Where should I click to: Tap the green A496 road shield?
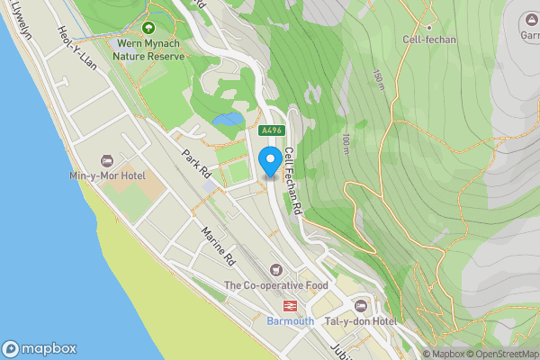coord(272,130)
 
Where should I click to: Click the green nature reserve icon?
coord(148,27)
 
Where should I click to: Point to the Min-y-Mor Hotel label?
coord(107,175)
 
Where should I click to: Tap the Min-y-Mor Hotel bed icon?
coord(107,160)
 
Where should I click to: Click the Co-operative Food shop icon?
coord(275,269)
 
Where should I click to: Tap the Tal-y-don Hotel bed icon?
coord(361,305)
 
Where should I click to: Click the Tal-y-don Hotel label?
coord(361,321)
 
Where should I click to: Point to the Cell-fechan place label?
coord(431,40)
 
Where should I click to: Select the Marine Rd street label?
coord(218,245)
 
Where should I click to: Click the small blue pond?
coord(228,119)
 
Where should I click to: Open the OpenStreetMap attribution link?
coord(501,354)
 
